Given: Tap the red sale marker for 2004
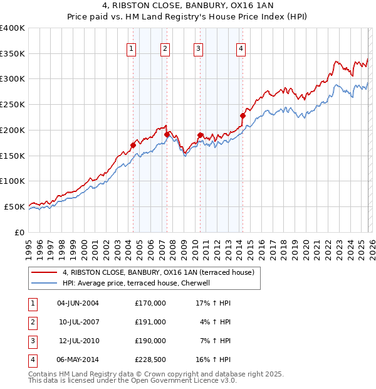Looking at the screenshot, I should pyautogui.click(x=133, y=146).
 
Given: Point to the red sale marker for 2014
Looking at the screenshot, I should pyautogui.click(x=243, y=115).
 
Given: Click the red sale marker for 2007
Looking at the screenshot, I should pyautogui.click(x=167, y=134).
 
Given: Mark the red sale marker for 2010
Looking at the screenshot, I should pyautogui.click(x=200, y=135).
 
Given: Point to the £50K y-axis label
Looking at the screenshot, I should pyautogui.click(x=14, y=206).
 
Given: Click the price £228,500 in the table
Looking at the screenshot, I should pyautogui.click(x=150, y=360).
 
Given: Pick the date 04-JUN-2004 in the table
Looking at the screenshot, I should pyautogui.click(x=78, y=302).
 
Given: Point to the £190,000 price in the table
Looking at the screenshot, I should pyautogui.click(x=150, y=341).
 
